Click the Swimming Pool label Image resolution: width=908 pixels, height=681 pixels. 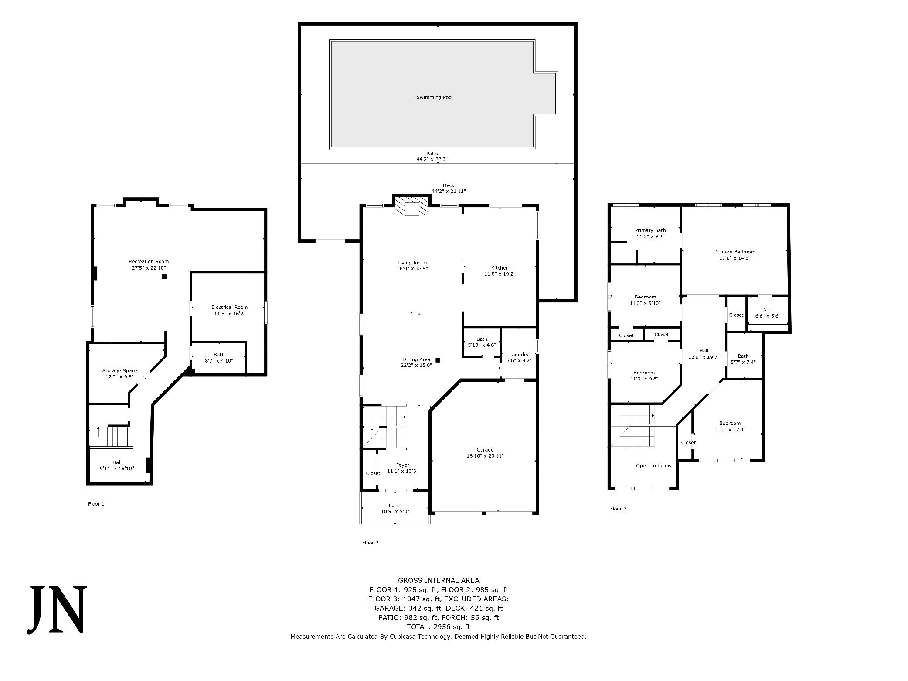pyautogui.click(x=435, y=97)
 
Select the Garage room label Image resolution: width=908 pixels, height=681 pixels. pyautogui.click(x=485, y=450)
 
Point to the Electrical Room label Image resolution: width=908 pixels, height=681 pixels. pyautogui.click(x=229, y=307)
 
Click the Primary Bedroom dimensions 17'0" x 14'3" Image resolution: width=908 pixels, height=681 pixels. pyautogui.click(x=735, y=258)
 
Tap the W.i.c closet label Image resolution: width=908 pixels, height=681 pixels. pyautogui.click(x=768, y=310)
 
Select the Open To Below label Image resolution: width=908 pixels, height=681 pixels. pyautogui.click(x=653, y=465)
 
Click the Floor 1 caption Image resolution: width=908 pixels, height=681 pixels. pyautogui.click(x=96, y=504)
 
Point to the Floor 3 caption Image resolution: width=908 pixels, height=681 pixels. pyautogui.click(x=618, y=509)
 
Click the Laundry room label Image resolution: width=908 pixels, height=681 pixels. pyautogui.click(x=519, y=355)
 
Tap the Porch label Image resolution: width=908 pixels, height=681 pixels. pyautogui.click(x=395, y=506)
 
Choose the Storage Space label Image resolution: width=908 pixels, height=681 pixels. pyautogui.click(x=119, y=370)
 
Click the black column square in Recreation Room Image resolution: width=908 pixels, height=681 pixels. pyautogui.click(x=164, y=277)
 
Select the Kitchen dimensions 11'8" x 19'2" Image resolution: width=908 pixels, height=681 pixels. pyautogui.click(x=500, y=274)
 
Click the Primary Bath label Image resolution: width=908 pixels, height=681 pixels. pyautogui.click(x=650, y=230)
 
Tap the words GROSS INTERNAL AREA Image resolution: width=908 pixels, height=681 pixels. pyautogui.click(x=439, y=580)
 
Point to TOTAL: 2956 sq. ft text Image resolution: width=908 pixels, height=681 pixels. pyautogui.click(x=439, y=627)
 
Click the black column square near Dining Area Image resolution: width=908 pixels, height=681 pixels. pyautogui.click(x=438, y=360)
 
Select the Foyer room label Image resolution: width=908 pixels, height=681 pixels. pyautogui.click(x=403, y=465)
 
